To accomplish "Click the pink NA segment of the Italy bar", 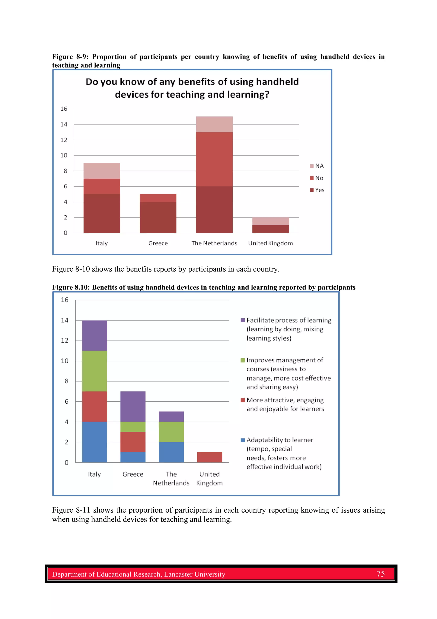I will [102, 171].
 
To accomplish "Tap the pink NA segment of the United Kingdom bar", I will [270, 221].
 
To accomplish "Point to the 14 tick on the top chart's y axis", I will [64, 124].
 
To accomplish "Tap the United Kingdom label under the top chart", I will [270, 243].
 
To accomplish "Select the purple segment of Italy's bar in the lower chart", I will [94, 335].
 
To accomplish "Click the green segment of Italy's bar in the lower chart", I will [94, 371].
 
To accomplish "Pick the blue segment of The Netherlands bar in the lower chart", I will [171, 452].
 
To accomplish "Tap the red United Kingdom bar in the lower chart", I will [210, 457].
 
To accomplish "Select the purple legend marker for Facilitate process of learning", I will [243, 320].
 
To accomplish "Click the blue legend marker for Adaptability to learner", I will [243, 440].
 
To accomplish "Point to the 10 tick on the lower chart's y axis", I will [65, 361].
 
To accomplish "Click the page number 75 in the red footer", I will [380, 574].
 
